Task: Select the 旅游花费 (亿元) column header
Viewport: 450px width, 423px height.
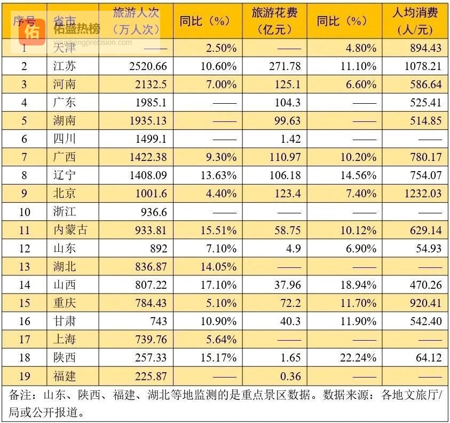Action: pos(275,21)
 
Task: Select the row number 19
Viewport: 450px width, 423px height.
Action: pos(24,375)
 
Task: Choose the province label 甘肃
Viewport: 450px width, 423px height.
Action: pos(65,321)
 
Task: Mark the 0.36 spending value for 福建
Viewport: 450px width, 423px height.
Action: pos(290,375)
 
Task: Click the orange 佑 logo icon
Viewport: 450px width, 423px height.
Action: pos(31,32)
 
